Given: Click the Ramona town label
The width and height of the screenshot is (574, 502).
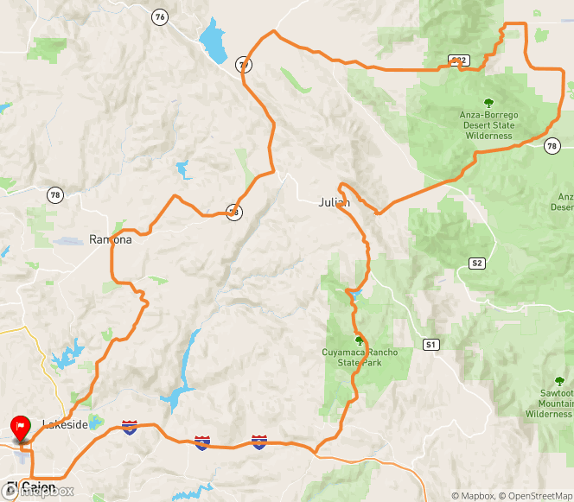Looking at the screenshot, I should pos(111,239).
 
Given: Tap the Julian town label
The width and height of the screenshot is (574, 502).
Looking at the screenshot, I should pos(333,202).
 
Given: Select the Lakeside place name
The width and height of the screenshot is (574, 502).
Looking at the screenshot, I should pos(65,424).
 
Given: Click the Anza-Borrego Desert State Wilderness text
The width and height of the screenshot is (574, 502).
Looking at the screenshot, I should pos(488,124).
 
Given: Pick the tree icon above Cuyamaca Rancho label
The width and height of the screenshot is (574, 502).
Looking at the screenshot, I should pos(360,340).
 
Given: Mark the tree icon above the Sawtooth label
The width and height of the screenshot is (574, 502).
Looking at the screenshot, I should pos(559,380).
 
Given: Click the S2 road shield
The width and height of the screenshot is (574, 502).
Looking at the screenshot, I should pos(476,263).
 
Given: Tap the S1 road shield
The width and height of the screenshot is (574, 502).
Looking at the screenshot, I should pos(430,344).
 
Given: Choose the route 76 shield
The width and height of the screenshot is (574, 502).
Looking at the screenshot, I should pos(158,16).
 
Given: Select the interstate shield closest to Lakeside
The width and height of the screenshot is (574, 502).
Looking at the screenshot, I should pos(130,426).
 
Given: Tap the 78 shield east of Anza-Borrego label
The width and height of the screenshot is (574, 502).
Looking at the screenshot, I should pos(552,146).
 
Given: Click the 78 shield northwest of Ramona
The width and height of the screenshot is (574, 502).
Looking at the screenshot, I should pos(55,195).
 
